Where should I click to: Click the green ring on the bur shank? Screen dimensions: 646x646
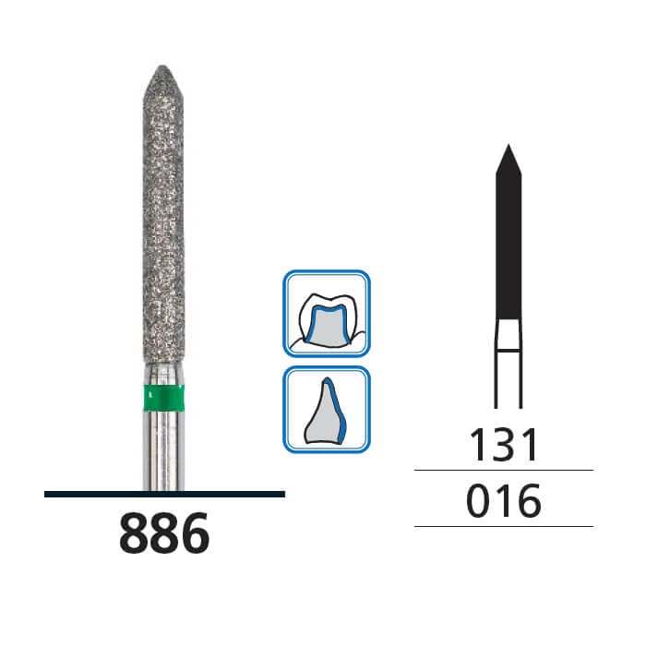click(x=163, y=399)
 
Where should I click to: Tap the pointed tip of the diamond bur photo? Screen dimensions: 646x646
click(x=162, y=66)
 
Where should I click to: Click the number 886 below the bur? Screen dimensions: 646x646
click(x=164, y=532)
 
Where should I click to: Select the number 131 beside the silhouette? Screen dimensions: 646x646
click(x=504, y=445)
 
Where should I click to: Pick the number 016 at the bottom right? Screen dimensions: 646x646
click(x=504, y=501)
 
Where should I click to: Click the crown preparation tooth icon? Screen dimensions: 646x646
click(x=327, y=314)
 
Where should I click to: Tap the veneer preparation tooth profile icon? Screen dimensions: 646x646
click(x=327, y=409)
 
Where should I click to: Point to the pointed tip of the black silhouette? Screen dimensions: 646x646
click(x=508, y=145)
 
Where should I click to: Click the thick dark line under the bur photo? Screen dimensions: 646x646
click(x=164, y=494)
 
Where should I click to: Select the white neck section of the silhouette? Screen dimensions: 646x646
click(x=508, y=335)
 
